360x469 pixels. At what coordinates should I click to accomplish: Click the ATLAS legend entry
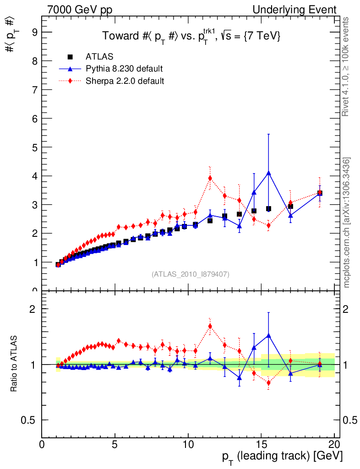pos(99,57)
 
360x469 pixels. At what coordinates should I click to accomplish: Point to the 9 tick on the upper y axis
pos(34,32)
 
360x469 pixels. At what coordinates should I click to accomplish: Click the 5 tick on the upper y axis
pos(34,147)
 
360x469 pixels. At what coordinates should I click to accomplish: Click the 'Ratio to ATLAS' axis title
pos(14,364)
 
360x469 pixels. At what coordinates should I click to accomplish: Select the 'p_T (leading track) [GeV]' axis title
pos(282,457)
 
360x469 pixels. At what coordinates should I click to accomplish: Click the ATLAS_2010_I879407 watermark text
pos(191,274)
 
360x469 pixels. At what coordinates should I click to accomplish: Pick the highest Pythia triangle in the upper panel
pos(268,173)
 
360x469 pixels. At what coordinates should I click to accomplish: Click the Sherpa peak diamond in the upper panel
pos(210,178)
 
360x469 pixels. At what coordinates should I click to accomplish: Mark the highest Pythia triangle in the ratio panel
pos(268,335)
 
